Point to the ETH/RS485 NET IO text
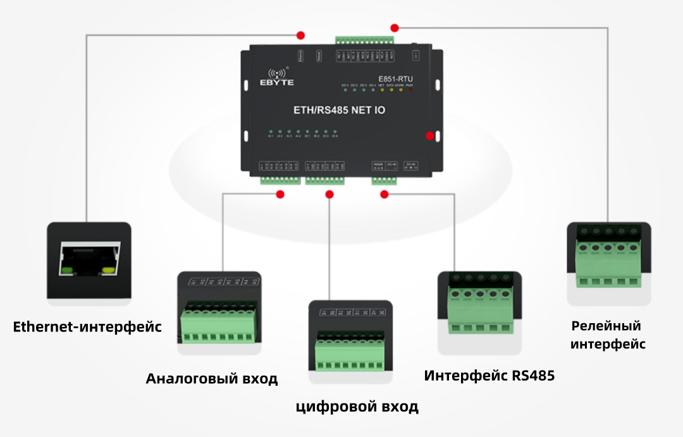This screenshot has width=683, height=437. point(339,110)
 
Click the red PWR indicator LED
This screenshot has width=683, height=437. point(410,90)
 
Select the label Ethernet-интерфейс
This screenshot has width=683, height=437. point(87,327)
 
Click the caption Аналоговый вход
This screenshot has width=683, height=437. point(212,379)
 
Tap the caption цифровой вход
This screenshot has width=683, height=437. point(357,406)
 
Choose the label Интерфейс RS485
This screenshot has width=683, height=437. point(489,376)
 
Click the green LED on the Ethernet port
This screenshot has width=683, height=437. point(67,270)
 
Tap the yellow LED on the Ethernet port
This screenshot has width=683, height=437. point(108,270)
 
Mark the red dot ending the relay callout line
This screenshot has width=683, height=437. point(395,28)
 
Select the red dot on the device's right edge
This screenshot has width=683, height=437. point(430,135)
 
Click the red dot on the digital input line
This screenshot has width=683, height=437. point(329,194)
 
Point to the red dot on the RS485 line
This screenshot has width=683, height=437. point(383,194)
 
